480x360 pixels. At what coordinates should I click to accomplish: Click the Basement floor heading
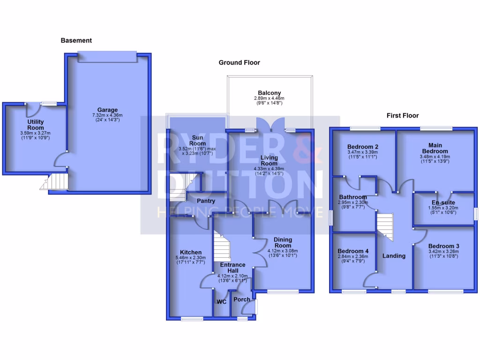(76, 41)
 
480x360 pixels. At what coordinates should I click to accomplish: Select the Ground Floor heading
(239, 63)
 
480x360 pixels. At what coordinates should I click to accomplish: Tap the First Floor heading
(402, 115)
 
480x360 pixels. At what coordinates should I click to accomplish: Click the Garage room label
(108, 110)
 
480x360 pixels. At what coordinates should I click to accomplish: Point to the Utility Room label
(35, 125)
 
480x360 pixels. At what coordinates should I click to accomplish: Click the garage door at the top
(108, 56)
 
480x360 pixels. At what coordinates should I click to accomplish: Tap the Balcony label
(270, 93)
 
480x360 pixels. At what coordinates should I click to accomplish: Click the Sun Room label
(198, 141)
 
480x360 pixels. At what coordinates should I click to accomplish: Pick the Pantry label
(206, 201)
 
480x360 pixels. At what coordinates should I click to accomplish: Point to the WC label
(221, 302)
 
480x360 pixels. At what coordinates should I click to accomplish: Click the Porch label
(242, 300)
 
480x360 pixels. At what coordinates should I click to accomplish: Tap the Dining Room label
(283, 242)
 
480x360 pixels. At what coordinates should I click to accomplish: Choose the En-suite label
(443, 202)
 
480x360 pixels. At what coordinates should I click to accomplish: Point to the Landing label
(394, 256)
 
